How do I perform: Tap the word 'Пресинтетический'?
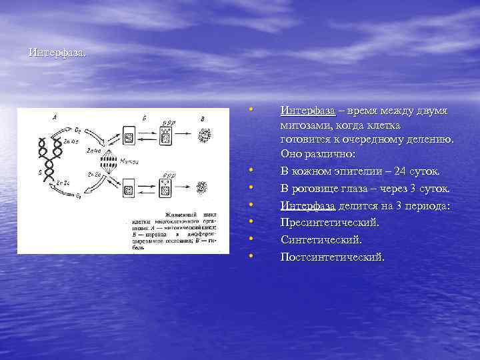(330, 222)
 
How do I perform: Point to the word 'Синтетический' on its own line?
(321, 239)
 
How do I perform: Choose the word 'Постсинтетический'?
(333, 256)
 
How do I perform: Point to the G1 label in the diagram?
(79, 197)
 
